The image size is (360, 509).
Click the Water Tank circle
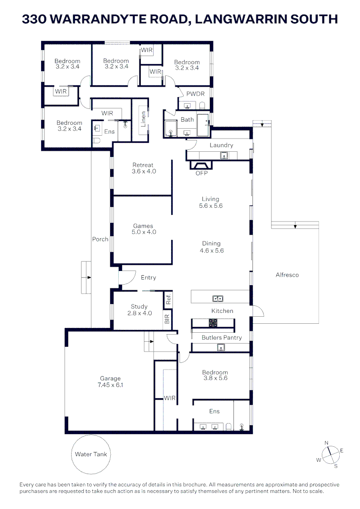tap(91, 454)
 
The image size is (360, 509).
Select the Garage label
tap(110, 378)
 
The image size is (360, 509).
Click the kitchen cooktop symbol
tap(213, 323)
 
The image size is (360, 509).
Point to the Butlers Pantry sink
tap(220, 348)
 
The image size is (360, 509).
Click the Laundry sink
tap(224, 155)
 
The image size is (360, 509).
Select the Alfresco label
tap(287, 275)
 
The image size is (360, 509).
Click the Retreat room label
tap(143, 165)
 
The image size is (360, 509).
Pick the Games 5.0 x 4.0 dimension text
tap(144, 232)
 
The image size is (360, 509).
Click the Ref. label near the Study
tap(168, 298)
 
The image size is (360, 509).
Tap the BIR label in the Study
tap(167, 319)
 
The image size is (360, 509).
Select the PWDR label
tap(196, 94)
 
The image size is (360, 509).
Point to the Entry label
tap(148, 278)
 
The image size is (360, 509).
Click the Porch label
tap(100, 239)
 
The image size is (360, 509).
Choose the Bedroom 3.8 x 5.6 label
tap(215, 375)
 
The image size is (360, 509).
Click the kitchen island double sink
tap(218, 298)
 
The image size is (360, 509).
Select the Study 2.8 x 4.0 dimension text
tap(139, 313)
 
